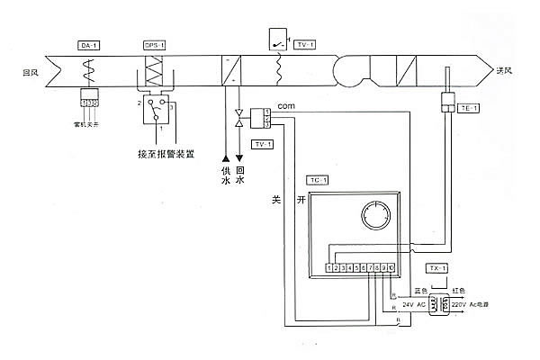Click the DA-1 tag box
point(87,44)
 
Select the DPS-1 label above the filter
point(154,44)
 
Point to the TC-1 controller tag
point(317,180)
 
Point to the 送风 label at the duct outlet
point(503,71)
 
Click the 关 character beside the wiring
point(277,202)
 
